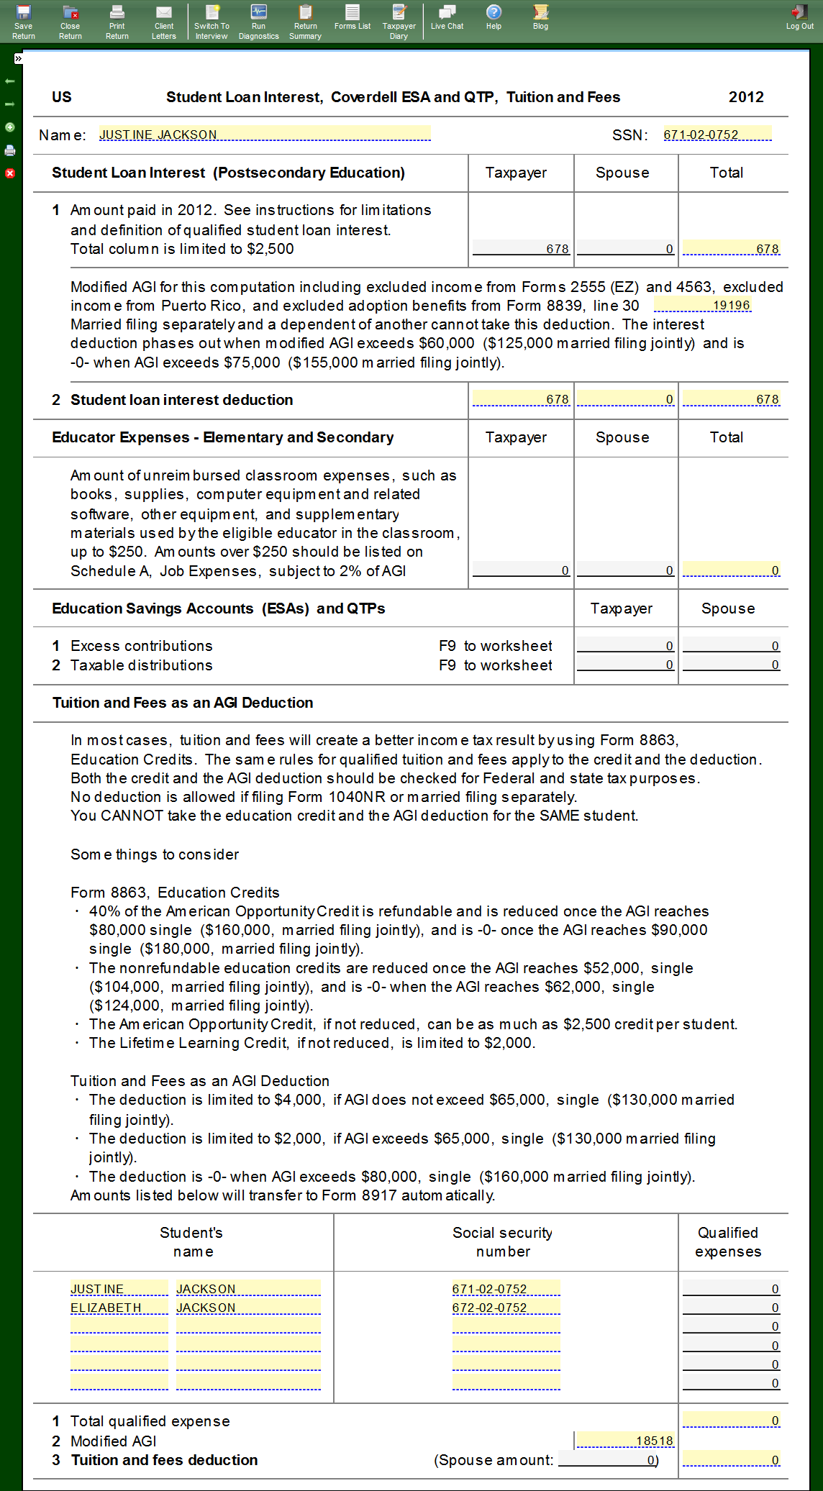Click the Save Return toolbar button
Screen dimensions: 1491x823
click(x=23, y=22)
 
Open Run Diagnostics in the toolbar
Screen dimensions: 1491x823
click(x=258, y=22)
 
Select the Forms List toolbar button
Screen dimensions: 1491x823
click(x=352, y=17)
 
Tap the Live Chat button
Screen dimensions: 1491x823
click(x=447, y=17)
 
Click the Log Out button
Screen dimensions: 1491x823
click(x=799, y=17)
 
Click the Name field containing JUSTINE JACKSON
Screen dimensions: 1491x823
click(x=264, y=134)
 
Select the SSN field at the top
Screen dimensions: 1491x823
click(x=717, y=134)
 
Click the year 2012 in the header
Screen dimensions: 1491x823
click(x=746, y=97)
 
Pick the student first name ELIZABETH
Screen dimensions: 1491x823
click(x=119, y=1308)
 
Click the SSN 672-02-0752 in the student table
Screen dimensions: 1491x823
click(x=505, y=1308)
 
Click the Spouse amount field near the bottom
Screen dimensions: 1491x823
click(x=608, y=1460)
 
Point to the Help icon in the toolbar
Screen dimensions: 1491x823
click(x=494, y=17)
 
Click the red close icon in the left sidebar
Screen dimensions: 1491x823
click(x=10, y=173)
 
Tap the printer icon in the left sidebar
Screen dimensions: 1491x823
click(x=10, y=150)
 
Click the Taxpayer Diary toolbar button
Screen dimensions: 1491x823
click(x=399, y=22)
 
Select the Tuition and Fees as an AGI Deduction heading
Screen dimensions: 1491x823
click(x=183, y=703)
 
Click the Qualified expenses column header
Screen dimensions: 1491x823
click(x=728, y=1242)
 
